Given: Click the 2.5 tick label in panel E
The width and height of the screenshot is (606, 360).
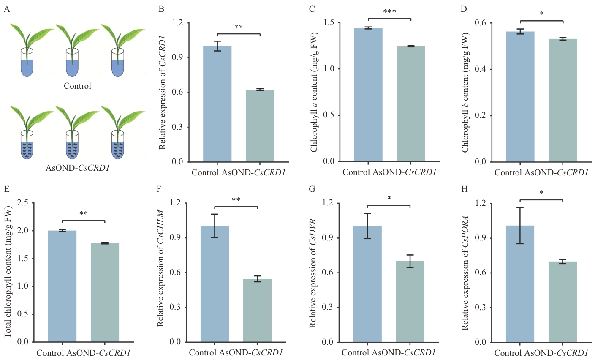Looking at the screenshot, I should coord(23,203).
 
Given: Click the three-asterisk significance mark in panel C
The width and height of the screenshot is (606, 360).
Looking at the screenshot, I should coord(389,11).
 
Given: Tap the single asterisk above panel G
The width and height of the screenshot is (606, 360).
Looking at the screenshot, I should coord(389,198).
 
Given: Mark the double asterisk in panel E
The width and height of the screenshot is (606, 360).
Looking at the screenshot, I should coord(83,213).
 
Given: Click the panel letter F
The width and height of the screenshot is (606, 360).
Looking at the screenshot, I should coord(159,188).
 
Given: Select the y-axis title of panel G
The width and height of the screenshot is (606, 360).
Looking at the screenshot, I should coord(313,273).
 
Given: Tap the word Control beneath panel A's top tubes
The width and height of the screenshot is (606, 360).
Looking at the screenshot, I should coord(77,86).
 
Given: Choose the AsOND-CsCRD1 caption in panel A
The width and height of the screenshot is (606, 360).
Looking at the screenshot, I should coord(77,168).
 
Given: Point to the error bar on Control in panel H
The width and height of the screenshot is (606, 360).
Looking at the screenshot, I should coord(520,225).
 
